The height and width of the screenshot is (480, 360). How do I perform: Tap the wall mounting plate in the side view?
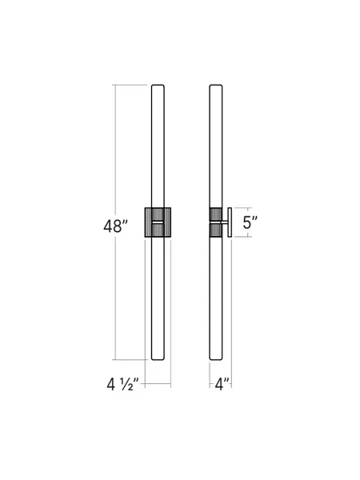pyautogui.click(x=230, y=222)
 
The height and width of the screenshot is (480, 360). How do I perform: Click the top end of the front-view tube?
pyautogui.click(x=157, y=86)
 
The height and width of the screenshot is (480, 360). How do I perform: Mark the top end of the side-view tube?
pyautogui.click(x=215, y=86)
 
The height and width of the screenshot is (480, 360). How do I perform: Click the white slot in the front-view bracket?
pyautogui.click(x=158, y=222)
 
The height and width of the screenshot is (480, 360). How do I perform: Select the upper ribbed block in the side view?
pyautogui.click(x=215, y=214)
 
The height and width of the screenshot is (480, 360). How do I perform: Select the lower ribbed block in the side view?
pyautogui.click(x=215, y=230)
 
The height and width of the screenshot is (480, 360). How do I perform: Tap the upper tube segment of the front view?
pyautogui.click(x=157, y=144)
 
